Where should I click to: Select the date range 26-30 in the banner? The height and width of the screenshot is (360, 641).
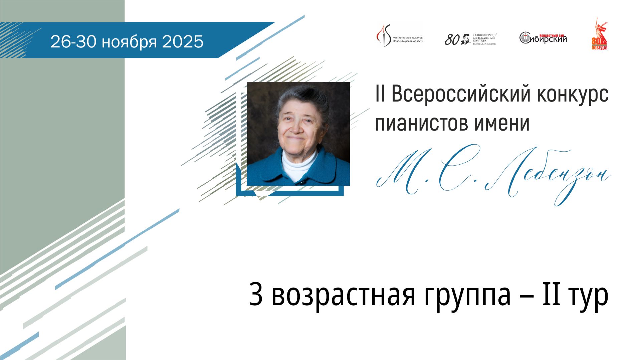[x=74, y=42]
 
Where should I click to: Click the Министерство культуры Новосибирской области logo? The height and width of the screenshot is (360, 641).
[x=400, y=35]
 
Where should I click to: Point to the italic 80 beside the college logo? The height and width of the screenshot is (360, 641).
[x=452, y=40]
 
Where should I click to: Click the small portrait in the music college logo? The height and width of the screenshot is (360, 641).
[x=466, y=39]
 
